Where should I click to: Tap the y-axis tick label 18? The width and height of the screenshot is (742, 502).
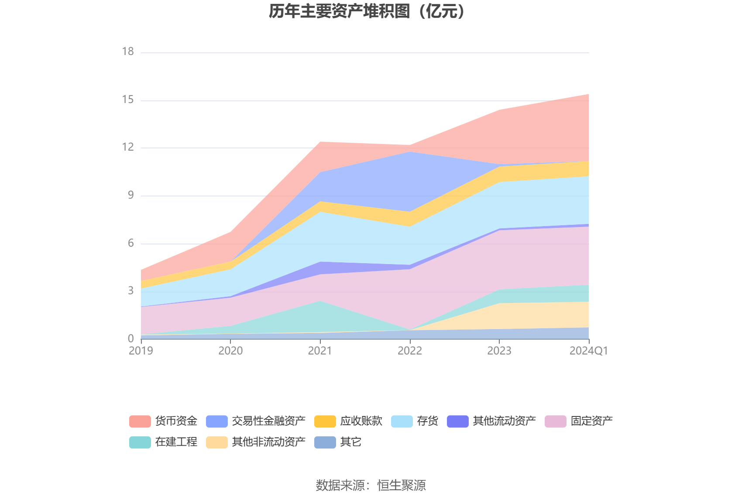tap(128, 52)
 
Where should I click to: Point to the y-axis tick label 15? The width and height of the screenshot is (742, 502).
tap(128, 100)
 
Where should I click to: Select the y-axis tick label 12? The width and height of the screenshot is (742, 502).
tap(128, 148)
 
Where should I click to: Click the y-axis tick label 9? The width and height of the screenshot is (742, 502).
tap(131, 196)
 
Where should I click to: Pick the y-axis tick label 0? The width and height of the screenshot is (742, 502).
tap(131, 339)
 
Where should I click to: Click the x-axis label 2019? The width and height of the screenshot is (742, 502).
tap(141, 351)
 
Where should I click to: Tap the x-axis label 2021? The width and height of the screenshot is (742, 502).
tap(320, 351)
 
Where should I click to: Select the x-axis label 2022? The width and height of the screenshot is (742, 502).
tap(410, 351)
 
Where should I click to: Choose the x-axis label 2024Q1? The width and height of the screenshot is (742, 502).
tap(588, 351)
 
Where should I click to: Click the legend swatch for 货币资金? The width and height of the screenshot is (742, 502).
tap(140, 421)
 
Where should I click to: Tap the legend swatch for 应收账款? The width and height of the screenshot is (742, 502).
tap(325, 421)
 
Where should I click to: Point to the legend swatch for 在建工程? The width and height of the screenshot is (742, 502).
tap(140, 442)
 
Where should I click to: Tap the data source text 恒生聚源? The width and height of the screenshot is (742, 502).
tap(401, 485)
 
